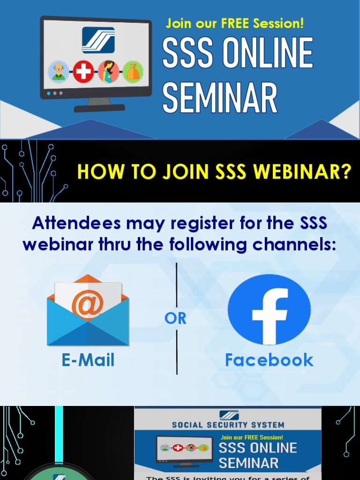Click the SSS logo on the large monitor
pyautogui.click(x=98, y=40)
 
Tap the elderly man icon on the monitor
pyautogui.click(x=59, y=72)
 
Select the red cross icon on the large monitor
pyautogui.click(x=83, y=72)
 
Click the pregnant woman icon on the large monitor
pyautogui.click(x=108, y=72)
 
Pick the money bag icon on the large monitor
pyautogui.click(x=133, y=72)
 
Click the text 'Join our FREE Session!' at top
pyautogui.click(x=235, y=23)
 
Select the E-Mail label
pyautogui.click(x=88, y=360)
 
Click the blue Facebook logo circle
pyautogui.click(x=269, y=310)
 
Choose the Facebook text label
pyautogui.click(x=269, y=360)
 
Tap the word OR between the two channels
pyautogui.click(x=176, y=318)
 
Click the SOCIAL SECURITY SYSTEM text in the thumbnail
pyautogui.click(x=228, y=425)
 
